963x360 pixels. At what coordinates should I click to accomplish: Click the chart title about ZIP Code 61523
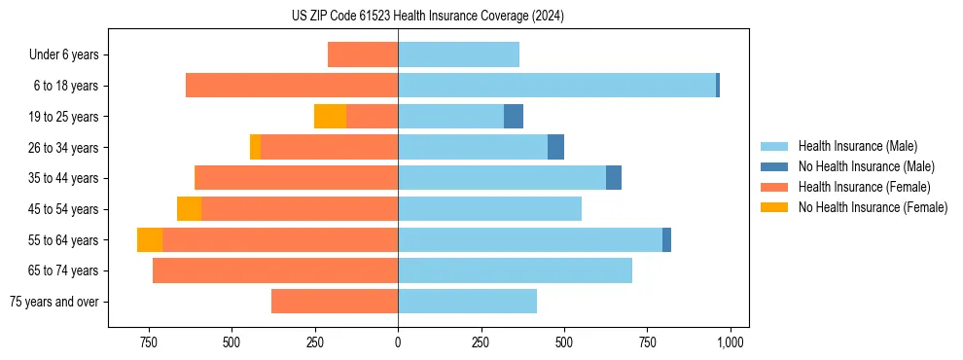[x=428, y=17]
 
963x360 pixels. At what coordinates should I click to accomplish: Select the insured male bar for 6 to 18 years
[x=556, y=86]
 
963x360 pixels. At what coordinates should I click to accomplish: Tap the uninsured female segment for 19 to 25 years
[x=330, y=117]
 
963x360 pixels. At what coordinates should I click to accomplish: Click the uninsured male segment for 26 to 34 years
[x=555, y=147]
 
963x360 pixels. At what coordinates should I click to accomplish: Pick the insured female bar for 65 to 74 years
[x=275, y=270]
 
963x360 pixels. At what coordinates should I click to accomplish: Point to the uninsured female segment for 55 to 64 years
[x=150, y=240]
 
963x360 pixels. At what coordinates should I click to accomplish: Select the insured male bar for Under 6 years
[x=458, y=54]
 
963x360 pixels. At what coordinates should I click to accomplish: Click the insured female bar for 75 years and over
[x=335, y=302]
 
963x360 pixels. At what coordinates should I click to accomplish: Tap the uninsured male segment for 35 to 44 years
[x=614, y=178]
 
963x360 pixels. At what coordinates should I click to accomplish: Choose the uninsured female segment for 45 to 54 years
[x=189, y=209]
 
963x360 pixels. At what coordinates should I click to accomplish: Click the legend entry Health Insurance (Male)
[x=857, y=146]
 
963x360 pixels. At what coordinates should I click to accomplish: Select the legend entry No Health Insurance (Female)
[x=873, y=207]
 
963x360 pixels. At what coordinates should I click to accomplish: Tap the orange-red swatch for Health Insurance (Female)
[x=774, y=187]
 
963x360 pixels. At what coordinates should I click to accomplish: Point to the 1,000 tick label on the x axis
[x=731, y=342]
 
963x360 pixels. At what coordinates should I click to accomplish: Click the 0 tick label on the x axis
[x=398, y=342]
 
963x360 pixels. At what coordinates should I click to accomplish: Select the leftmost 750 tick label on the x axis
[x=149, y=342]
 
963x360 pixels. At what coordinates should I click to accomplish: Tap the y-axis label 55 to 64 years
[x=63, y=240]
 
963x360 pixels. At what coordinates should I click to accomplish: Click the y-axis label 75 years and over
[x=54, y=302]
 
